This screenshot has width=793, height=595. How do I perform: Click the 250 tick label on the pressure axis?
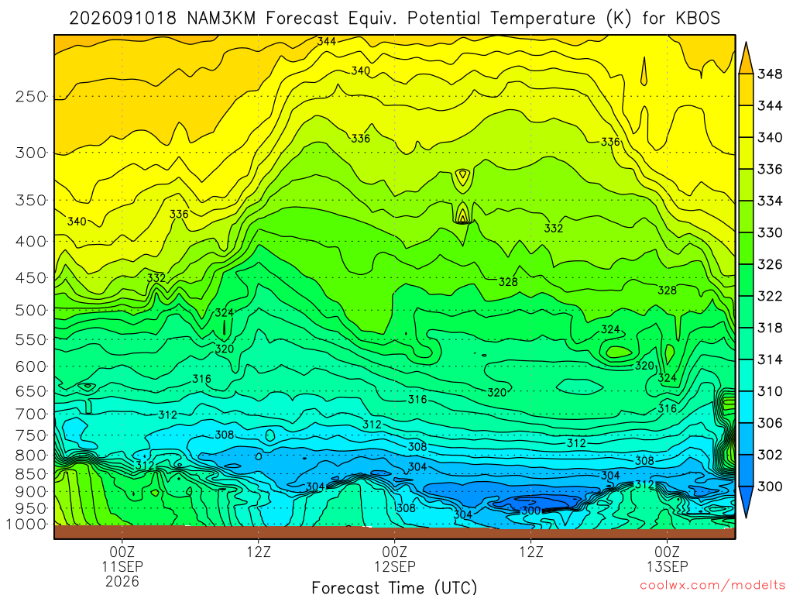tap(30, 96)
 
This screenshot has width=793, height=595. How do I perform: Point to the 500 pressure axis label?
tap(30, 310)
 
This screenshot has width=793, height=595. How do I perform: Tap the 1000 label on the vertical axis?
tap(26, 524)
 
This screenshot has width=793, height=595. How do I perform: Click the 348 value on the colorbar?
tap(770, 74)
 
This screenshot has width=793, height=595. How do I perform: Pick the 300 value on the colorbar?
tap(770, 487)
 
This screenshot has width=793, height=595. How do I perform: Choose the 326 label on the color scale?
tap(770, 265)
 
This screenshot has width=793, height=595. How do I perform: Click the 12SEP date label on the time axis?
tap(394, 566)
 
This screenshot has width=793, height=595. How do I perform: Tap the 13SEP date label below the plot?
tap(667, 566)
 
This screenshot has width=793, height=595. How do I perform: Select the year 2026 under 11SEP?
tap(122, 581)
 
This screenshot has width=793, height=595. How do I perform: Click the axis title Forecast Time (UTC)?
tap(394, 587)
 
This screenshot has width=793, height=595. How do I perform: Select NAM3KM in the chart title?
tap(221, 19)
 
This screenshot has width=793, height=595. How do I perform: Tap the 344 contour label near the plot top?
tap(327, 42)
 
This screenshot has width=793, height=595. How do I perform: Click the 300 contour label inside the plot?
tap(531, 511)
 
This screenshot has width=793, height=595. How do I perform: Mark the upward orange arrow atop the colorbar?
tap(746, 57)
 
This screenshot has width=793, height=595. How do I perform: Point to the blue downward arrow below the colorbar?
tap(746, 502)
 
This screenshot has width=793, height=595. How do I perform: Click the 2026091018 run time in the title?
tap(122, 19)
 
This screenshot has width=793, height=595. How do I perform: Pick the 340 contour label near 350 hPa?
tap(77, 221)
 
